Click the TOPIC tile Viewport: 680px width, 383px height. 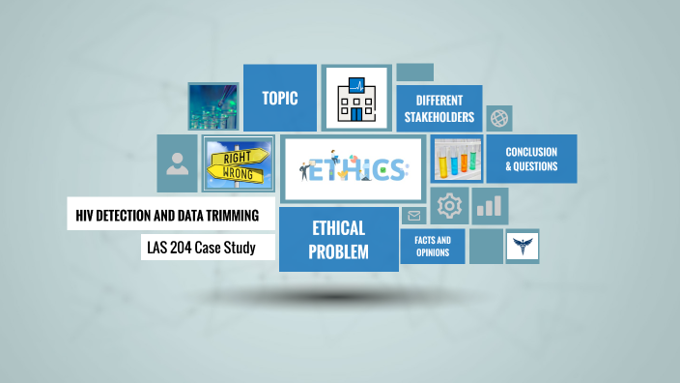coord(279,98)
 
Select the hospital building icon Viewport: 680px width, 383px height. coord(356,98)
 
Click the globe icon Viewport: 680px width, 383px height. coord(499,118)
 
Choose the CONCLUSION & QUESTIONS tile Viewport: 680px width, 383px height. coord(530,158)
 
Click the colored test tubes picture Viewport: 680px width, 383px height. coord(457,160)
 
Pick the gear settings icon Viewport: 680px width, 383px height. coord(449,205)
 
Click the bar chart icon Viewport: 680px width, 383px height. coord(491,205)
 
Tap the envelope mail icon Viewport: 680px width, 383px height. coord(414,216)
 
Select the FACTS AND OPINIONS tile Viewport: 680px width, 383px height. coord(432,247)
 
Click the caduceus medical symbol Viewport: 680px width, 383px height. coord(523,247)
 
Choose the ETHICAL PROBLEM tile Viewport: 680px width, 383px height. coord(338,239)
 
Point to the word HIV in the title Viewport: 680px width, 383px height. coord(85,214)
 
